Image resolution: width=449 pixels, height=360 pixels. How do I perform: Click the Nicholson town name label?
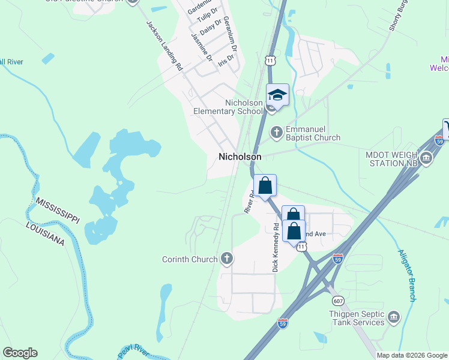[x=240, y=156]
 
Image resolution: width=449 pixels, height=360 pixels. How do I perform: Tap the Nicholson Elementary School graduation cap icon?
[x=277, y=95]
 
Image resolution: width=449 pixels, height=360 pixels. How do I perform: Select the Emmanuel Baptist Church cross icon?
[x=276, y=131]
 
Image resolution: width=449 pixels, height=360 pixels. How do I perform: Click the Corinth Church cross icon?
[x=226, y=259]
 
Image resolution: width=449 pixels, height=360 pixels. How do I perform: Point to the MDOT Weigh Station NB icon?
[x=426, y=158]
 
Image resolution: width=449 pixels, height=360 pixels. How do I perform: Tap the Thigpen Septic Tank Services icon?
[x=394, y=317]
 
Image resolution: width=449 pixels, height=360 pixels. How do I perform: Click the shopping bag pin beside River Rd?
[x=265, y=186]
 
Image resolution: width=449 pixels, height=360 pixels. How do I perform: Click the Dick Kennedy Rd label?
[x=276, y=247]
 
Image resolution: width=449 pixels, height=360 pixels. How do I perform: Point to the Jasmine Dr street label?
[x=202, y=47]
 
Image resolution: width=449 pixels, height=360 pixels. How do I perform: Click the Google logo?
[x=20, y=353]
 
